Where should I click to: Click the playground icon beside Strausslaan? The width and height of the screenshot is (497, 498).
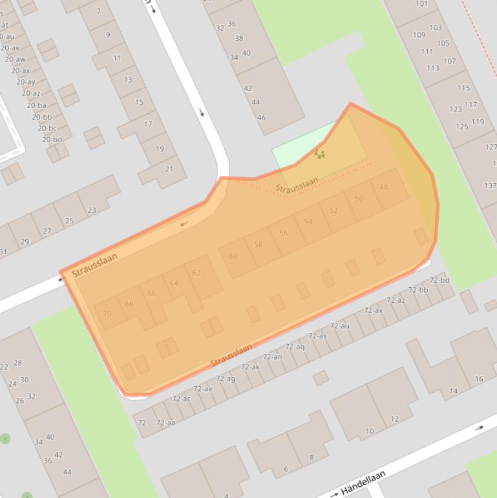[319, 154]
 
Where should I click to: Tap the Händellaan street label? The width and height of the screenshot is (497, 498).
[362, 482]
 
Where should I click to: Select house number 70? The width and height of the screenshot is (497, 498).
[107, 314]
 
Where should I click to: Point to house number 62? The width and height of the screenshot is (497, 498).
[196, 273]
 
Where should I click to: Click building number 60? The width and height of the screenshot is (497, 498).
[233, 256]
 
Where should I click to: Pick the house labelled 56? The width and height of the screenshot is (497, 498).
[283, 233]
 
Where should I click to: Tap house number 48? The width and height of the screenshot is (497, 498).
[384, 188]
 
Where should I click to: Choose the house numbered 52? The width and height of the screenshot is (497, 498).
[333, 210]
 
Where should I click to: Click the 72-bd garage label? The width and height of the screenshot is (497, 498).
[439, 280]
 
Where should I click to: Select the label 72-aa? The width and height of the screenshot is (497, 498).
[166, 423]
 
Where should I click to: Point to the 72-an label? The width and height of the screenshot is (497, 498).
[272, 357]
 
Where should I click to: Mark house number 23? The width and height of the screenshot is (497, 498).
[91, 210]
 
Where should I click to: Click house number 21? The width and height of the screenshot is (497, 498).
[169, 169]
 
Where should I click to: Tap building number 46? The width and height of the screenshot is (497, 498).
[261, 118]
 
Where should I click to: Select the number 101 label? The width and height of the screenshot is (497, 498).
[421, 4]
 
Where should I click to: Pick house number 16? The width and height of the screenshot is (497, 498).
[479, 379]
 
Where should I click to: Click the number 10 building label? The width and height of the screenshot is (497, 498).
[369, 431]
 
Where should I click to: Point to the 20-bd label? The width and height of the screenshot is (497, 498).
[52, 140]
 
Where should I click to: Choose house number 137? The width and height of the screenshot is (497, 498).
[490, 186]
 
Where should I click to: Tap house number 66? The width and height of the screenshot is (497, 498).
[151, 294]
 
